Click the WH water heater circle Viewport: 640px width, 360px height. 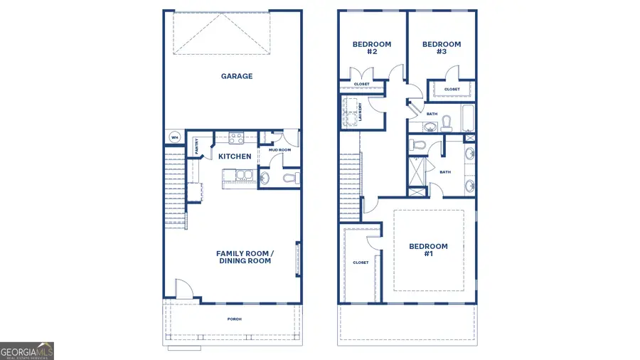[x=174, y=137]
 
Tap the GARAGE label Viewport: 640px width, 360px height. [x=236, y=76]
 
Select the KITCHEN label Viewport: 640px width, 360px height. [x=235, y=156]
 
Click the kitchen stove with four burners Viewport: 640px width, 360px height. [x=235, y=138]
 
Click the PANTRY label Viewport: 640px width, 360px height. [x=197, y=147]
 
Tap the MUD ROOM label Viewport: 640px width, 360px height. [x=279, y=150]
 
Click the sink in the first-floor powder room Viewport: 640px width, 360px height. [x=264, y=179]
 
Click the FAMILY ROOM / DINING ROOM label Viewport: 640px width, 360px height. [x=245, y=258]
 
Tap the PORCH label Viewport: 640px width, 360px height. [x=234, y=319]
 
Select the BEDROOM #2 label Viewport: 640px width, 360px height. [x=372, y=48]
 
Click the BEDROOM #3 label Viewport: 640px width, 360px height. [x=441, y=48]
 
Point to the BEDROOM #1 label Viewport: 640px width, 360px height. [x=428, y=250]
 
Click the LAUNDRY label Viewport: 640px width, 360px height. [x=361, y=112]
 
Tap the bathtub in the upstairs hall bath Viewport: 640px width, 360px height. [x=467, y=119]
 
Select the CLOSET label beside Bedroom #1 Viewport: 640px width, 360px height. [x=361, y=263]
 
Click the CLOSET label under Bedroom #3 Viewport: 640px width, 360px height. [x=452, y=90]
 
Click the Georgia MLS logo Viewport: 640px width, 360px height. [x=27, y=351]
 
